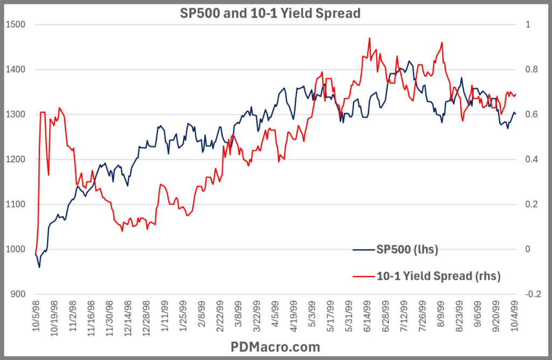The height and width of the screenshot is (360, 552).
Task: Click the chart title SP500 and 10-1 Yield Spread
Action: [270, 13]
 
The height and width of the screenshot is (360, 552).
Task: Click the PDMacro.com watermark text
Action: [275, 346]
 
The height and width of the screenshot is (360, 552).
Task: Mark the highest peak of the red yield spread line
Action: [369, 38]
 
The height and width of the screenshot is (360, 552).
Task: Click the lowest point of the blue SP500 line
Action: [39, 267]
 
